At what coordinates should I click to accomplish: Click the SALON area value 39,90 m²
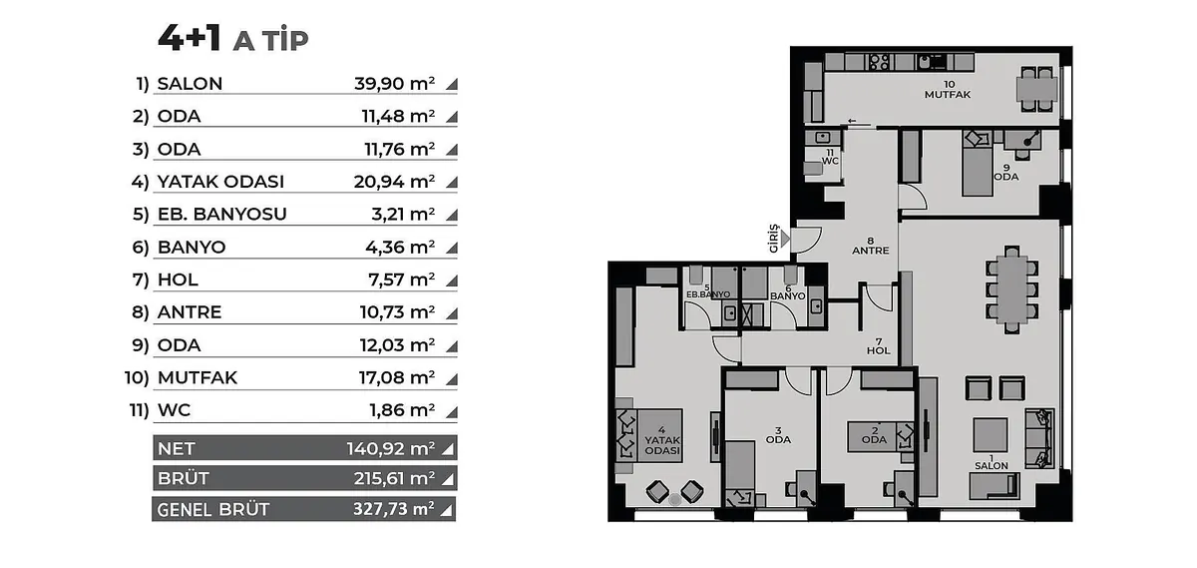click(x=394, y=84)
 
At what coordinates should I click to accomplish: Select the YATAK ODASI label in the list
click(x=220, y=182)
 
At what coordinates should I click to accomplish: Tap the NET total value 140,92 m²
click(x=391, y=448)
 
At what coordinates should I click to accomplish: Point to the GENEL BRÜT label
click(x=213, y=509)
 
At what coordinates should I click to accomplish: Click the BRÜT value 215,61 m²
click(x=394, y=478)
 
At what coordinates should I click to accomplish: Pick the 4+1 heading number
click(x=190, y=39)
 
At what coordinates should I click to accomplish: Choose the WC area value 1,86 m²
click(x=402, y=410)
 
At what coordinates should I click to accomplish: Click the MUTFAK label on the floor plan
click(x=948, y=95)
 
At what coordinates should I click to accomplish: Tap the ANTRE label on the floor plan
click(x=871, y=251)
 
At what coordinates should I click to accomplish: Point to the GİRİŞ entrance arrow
click(x=784, y=239)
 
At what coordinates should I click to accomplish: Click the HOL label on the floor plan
click(x=879, y=350)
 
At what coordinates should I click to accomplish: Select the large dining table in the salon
click(x=1011, y=289)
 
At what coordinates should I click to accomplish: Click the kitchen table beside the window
click(x=1036, y=89)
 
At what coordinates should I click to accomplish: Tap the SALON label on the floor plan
click(x=992, y=466)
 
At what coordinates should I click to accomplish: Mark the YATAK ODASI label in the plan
click(x=662, y=445)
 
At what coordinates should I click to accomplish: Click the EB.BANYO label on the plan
click(x=708, y=294)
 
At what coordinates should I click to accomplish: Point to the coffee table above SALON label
click(x=991, y=435)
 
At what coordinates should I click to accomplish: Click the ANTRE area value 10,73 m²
click(x=397, y=311)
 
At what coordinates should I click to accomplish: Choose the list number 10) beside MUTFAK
click(x=137, y=377)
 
